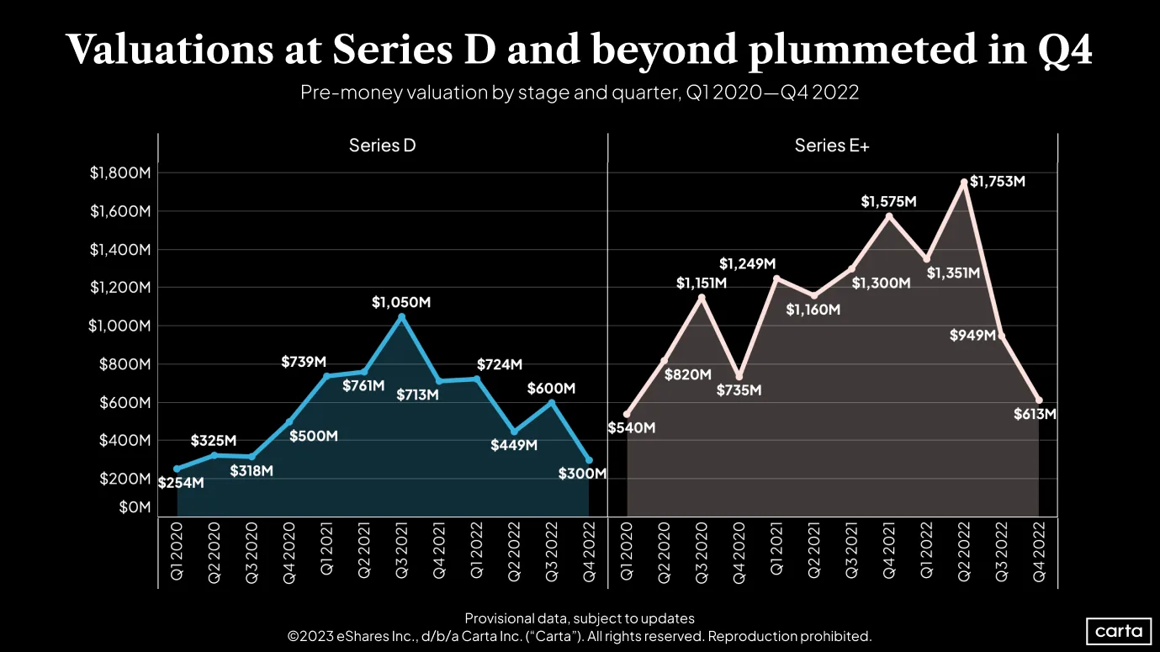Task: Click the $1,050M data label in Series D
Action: tap(400, 302)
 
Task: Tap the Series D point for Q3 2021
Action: tap(401, 316)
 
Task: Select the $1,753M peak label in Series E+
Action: tap(998, 181)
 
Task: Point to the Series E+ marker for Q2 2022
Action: tap(964, 183)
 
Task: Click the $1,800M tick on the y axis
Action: tap(120, 172)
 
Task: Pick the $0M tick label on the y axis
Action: tap(135, 507)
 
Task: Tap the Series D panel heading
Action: tap(382, 146)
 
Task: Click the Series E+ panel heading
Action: tap(832, 146)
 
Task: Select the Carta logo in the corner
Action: tap(1119, 631)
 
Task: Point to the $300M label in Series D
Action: tap(582, 474)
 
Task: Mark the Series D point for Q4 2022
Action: tap(589, 460)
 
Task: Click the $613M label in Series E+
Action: tap(1035, 414)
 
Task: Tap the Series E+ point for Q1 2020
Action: tap(628, 414)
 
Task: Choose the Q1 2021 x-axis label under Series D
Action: tap(326, 549)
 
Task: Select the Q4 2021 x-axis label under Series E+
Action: tap(888, 550)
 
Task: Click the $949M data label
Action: tap(972, 335)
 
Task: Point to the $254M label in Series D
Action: tap(181, 483)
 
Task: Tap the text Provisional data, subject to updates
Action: tap(580, 618)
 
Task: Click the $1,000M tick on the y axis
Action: tap(119, 326)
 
